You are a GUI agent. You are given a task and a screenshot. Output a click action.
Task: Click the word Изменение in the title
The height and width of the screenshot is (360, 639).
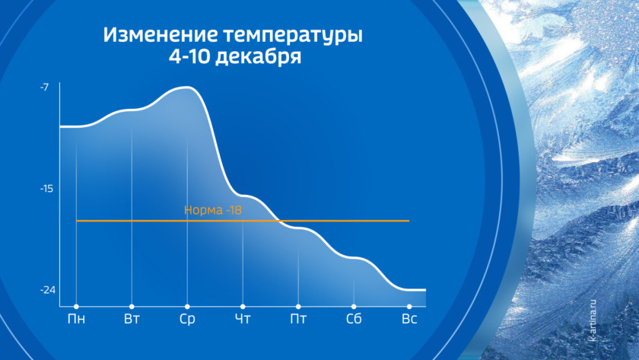click(x=161, y=35)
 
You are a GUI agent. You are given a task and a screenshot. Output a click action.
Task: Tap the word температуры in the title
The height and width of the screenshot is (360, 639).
click(x=293, y=36)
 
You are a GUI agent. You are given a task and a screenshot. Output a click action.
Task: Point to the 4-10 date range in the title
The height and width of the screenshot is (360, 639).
click(x=189, y=56)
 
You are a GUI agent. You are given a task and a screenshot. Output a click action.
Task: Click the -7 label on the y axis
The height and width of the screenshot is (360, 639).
click(x=44, y=88)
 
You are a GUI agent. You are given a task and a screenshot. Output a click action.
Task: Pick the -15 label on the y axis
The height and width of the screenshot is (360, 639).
click(x=46, y=189)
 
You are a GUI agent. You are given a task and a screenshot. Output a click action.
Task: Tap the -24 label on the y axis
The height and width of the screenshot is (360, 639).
click(x=48, y=290)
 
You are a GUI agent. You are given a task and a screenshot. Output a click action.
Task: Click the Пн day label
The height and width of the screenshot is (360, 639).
click(x=76, y=319)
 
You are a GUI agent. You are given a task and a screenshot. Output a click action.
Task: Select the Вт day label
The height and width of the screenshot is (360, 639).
click(x=132, y=319)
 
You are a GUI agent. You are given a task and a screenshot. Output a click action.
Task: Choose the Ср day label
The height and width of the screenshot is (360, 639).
click(x=187, y=319)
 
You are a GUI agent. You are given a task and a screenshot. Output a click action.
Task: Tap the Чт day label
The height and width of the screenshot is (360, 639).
click(x=243, y=319)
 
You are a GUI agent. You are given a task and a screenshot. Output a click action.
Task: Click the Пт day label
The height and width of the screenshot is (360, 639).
click(x=298, y=319)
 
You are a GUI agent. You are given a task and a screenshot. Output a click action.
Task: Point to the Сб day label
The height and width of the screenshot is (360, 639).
click(x=354, y=319)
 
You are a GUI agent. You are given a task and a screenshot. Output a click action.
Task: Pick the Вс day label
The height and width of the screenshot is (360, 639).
click(x=409, y=319)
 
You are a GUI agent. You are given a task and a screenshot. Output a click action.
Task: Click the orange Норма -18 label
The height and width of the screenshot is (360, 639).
click(x=213, y=210)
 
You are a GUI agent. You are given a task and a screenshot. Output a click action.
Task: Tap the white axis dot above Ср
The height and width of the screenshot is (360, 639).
click(x=187, y=307)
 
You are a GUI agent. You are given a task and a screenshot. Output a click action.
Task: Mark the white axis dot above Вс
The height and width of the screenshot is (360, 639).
click(x=409, y=307)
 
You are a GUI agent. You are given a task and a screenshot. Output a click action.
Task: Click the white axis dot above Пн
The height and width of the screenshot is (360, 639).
click(x=76, y=307)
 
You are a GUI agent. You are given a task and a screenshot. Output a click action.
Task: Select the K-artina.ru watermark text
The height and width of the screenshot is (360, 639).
click(x=593, y=320)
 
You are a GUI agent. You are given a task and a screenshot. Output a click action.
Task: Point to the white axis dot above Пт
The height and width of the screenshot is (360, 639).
click(x=298, y=307)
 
